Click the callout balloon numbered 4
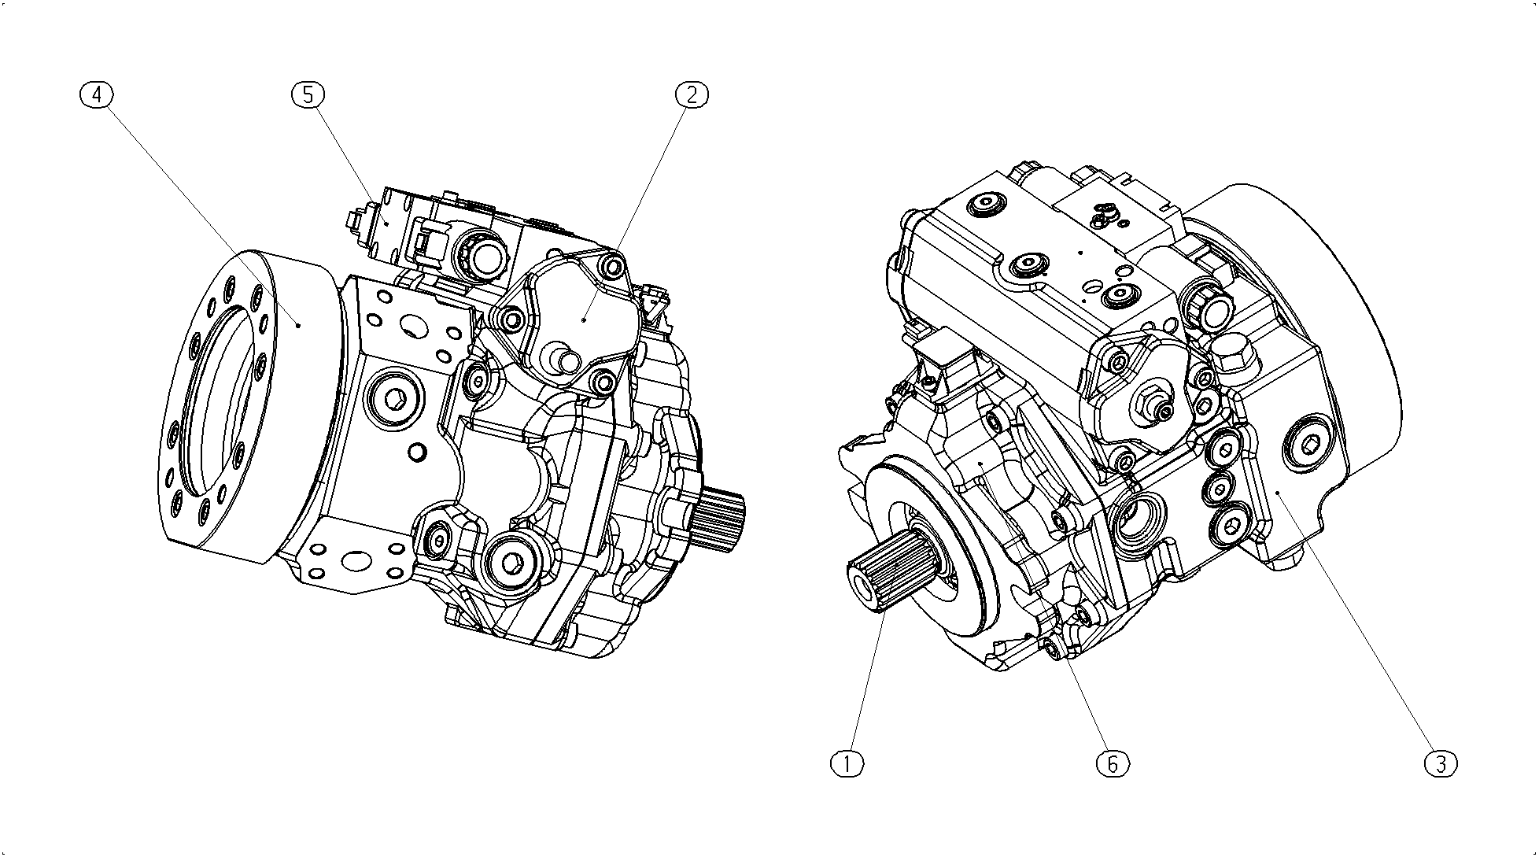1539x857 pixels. click(x=97, y=94)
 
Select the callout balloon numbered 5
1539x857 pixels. click(x=308, y=94)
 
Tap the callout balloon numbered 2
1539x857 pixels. click(x=692, y=94)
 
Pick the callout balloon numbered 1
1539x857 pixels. click(x=847, y=763)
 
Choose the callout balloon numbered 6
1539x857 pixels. click(x=1113, y=763)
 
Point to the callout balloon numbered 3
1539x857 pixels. click(x=1441, y=763)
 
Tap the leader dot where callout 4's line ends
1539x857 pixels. click(x=298, y=323)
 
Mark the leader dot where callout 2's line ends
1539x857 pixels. click(x=583, y=320)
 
